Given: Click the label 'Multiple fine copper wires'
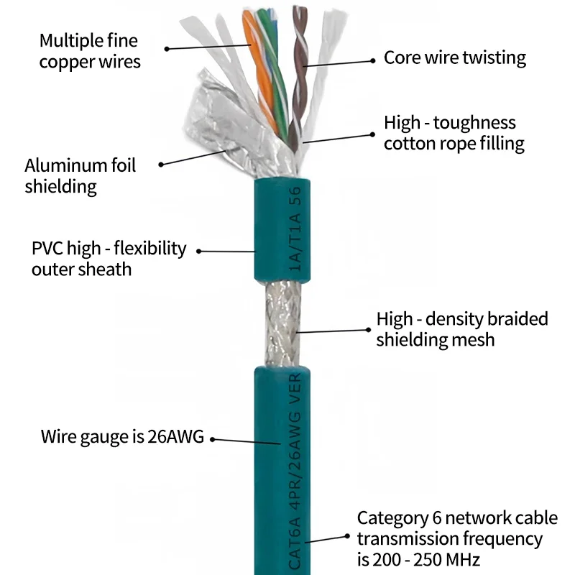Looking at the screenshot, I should (90, 51).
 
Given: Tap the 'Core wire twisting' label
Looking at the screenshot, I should (454, 57).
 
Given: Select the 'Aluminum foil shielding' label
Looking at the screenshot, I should (80, 176).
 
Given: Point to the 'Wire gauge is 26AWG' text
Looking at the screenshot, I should (122, 436).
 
